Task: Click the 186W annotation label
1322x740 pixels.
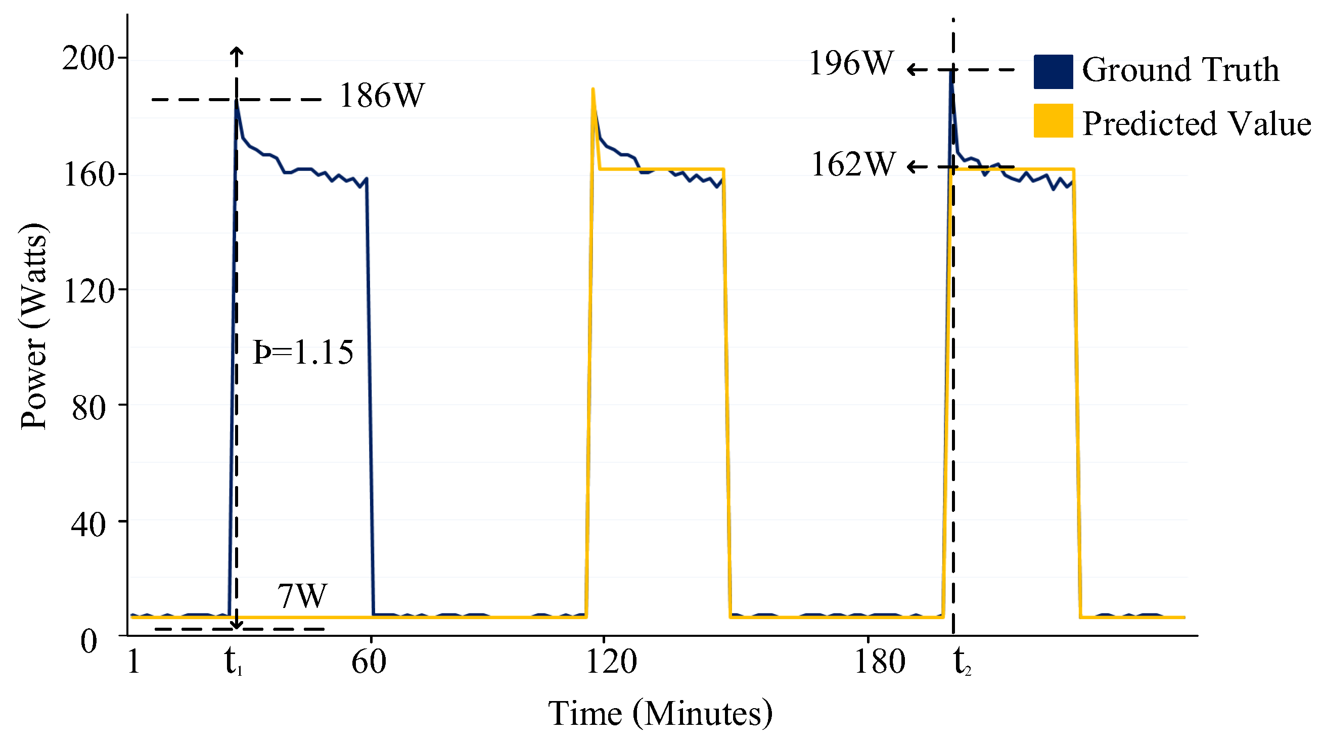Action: (382, 96)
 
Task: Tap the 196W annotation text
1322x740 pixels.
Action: (851, 64)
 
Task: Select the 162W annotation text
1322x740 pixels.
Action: (852, 165)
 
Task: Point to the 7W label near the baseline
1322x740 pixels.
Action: (302, 597)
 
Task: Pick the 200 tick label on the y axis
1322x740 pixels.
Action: (87, 58)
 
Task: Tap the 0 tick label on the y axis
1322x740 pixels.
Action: (89, 642)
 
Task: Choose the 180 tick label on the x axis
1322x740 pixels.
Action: (879, 662)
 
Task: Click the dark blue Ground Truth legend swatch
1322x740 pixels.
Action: (1053, 72)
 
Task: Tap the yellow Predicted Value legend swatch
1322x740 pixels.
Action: (1053, 121)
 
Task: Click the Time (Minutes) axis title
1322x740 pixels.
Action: (660, 714)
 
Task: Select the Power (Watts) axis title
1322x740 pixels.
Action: (34, 327)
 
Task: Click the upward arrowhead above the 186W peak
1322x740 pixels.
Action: (237, 50)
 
